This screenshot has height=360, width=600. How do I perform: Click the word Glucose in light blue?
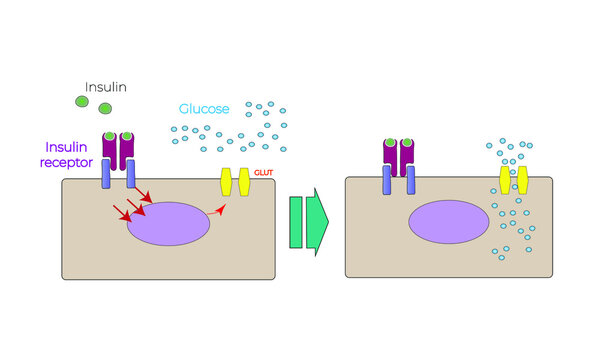tap(206, 109)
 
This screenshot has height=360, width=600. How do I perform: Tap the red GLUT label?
tap(263, 173)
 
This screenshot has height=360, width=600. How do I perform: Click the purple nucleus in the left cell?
tap(168, 222)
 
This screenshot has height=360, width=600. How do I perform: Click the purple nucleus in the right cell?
tap(450, 220)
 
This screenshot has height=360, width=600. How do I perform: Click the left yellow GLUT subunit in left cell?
tap(226, 182)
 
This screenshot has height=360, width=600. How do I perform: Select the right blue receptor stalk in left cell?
tap(130, 173)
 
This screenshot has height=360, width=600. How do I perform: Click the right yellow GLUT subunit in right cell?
tap(521, 179)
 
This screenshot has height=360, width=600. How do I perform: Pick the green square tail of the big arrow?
tap(295, 221)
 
